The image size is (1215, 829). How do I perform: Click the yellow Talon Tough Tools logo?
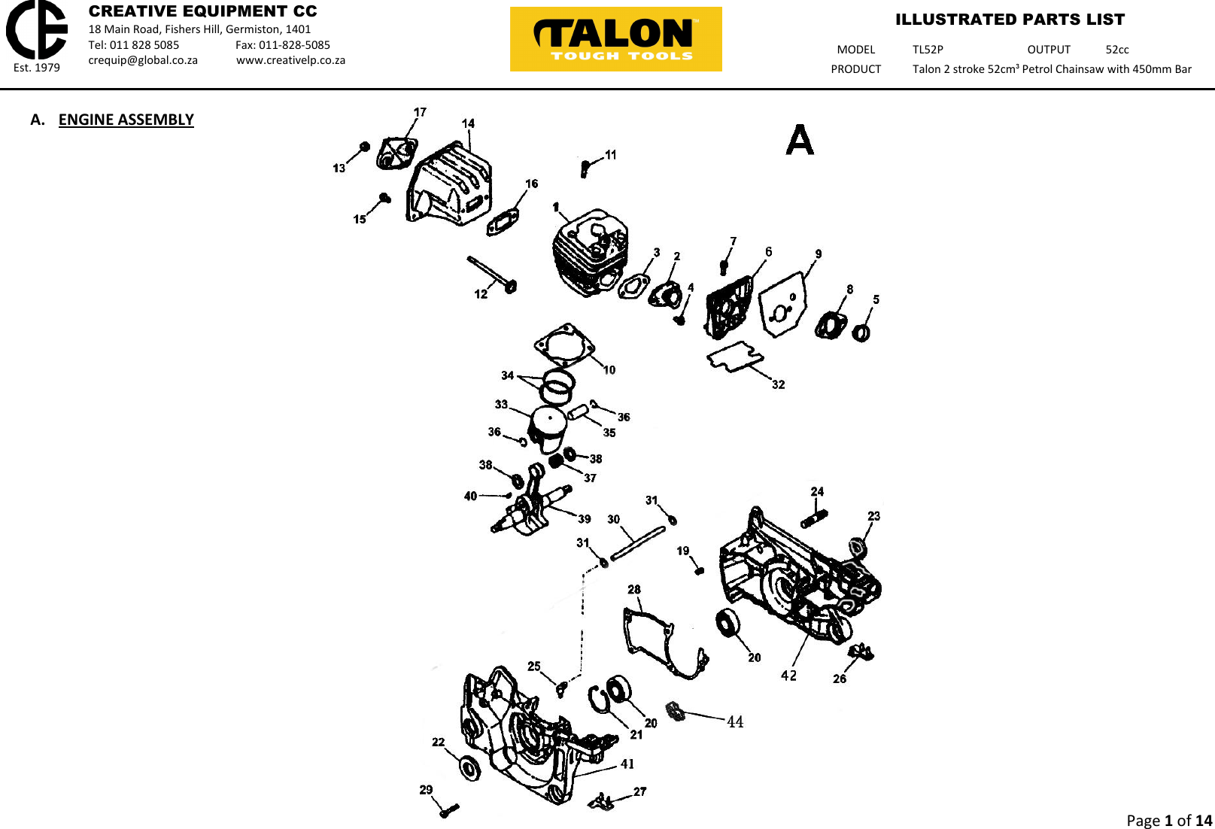[x=615, y=39]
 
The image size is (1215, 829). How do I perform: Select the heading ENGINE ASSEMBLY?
[x=126, y=120]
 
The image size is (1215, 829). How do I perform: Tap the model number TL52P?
[x=928, y=50]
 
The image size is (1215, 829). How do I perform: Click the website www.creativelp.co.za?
[x=290, y=60]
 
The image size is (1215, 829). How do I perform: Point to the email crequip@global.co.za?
[x=143, y=60]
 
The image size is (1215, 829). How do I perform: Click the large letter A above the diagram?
[x=800, y=140]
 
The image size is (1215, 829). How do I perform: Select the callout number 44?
[x=735, y=722]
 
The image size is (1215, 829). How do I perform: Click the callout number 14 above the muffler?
[x=468, y=123]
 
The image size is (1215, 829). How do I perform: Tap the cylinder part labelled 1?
[x=591, y=252]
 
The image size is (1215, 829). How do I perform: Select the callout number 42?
[x=788, y=676]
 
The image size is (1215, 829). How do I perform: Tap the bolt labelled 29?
[x=449, y=810]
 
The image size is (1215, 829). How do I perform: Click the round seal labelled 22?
[x=469, y=768]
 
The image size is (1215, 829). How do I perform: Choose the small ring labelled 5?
[x=861, y=332]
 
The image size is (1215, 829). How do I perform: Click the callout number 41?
[x=627, y=764]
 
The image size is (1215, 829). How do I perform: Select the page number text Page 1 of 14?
[x=1168, y=820]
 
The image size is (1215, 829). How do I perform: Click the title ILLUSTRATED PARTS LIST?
[x=1010, y=20]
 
